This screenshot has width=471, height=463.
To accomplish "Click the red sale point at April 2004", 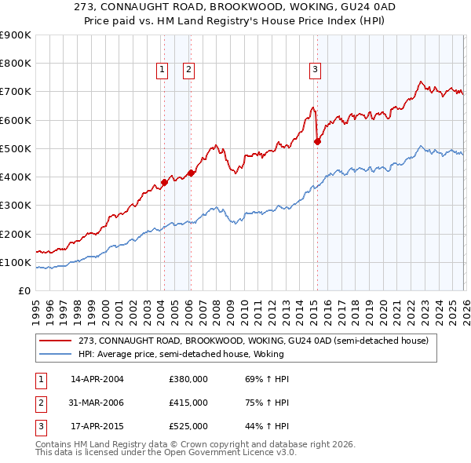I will [164, 183].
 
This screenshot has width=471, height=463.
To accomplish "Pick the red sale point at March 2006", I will [191, 173].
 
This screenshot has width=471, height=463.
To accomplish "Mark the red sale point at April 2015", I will [317, 142].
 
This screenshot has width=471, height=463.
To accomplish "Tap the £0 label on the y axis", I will [24, 290].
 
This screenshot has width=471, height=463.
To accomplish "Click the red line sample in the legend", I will [56, 341].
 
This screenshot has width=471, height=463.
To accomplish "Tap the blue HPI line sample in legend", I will [56, 354].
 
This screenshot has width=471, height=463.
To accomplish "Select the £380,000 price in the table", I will [188, 379].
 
